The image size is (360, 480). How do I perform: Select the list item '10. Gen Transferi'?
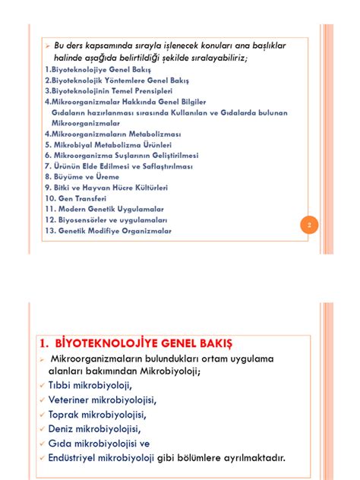[75, 197]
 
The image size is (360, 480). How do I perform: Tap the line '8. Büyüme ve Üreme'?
[82, 176]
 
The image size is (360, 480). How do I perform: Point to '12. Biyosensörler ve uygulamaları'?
[106, 219]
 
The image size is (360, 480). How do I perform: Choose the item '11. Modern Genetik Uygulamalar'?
[104, 209]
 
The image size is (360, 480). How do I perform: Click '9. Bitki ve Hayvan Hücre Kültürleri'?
[106, 187]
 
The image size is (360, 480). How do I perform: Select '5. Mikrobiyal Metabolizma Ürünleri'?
[107, 144]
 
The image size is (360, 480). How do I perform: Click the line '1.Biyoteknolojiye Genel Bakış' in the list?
[97, 68]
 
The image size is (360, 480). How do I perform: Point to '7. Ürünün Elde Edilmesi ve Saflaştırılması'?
[118, 166]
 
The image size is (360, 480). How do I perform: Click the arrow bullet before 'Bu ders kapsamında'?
[47, 47]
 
